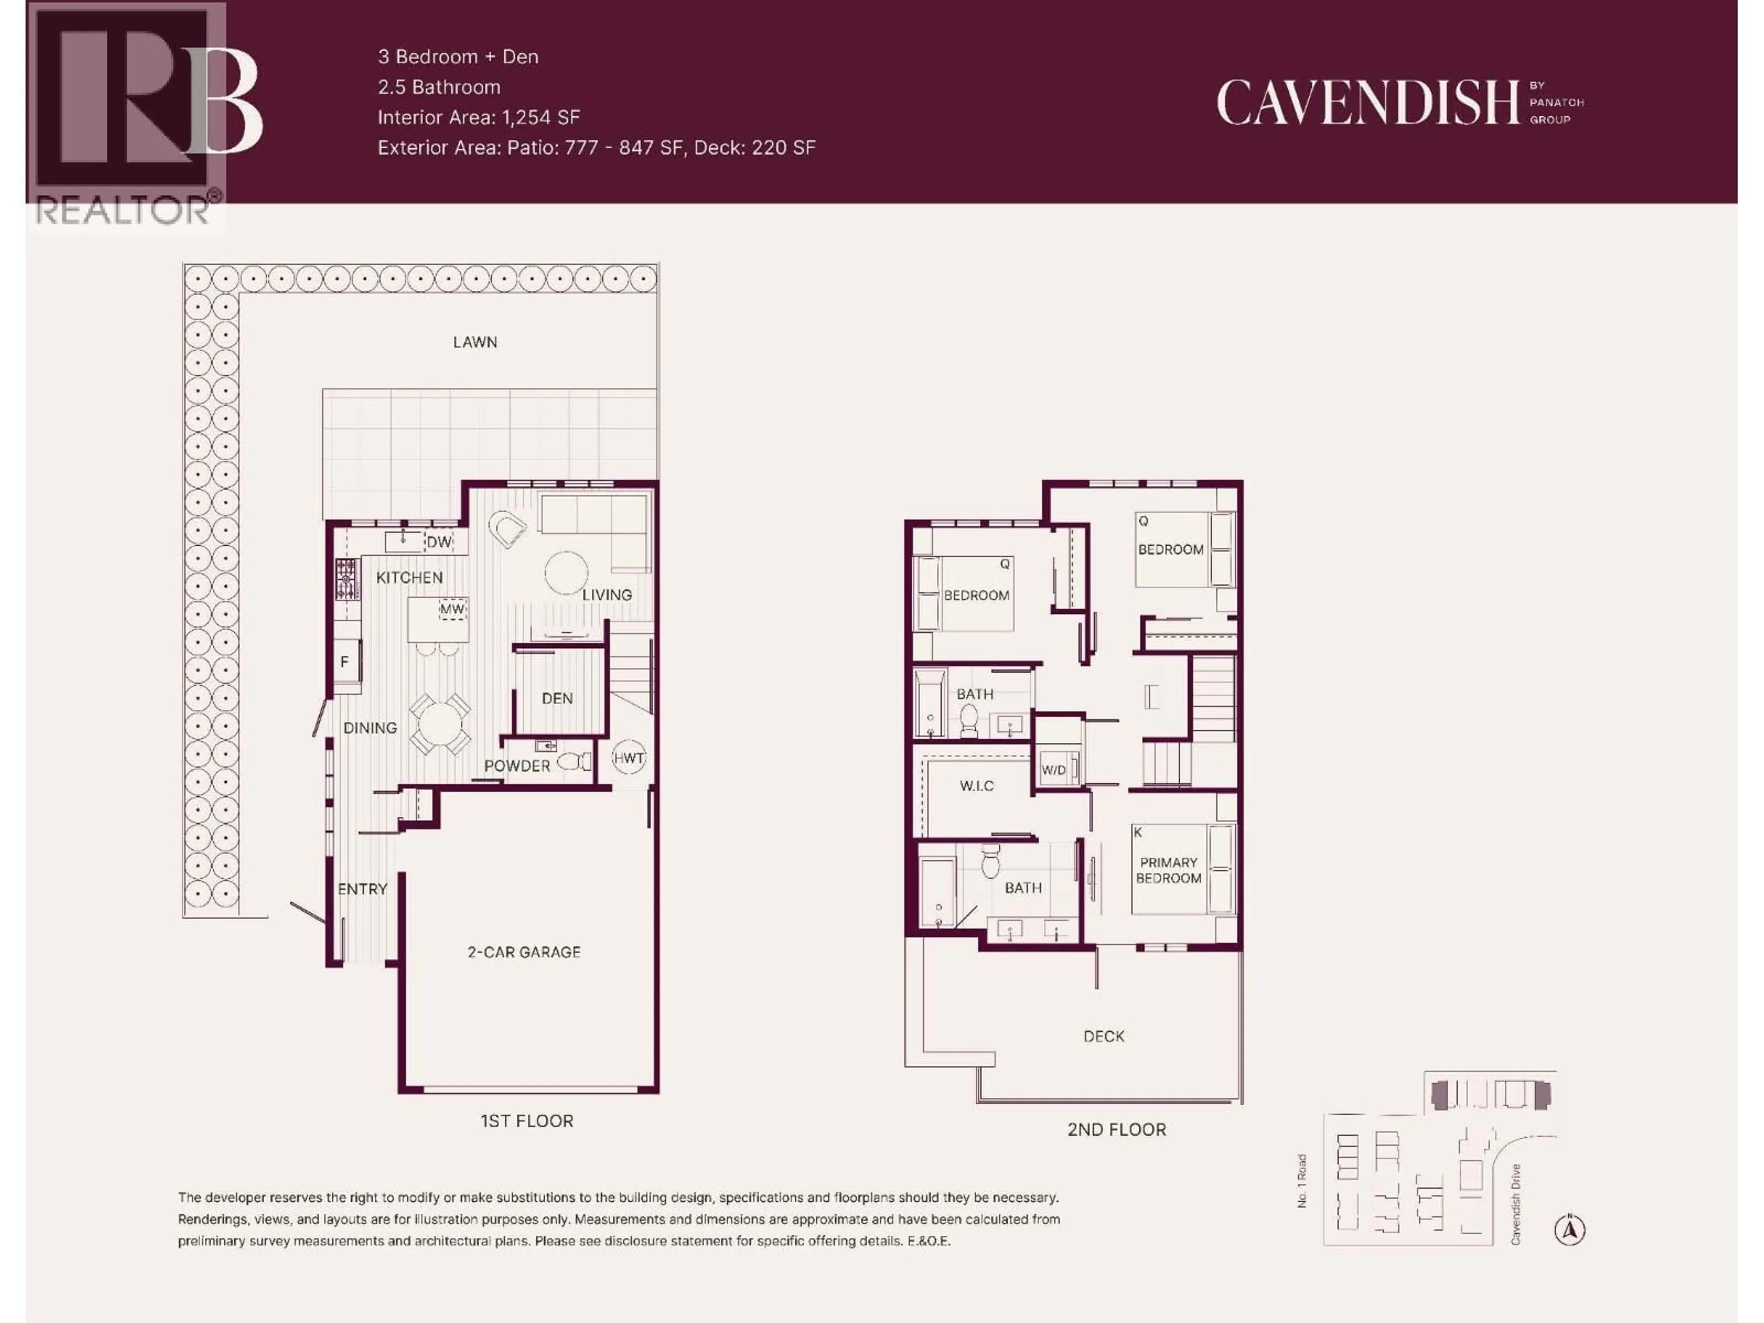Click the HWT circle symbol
click(628, 758)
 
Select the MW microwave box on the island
click(452, 609)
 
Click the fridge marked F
click(345, 661)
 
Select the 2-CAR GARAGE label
click(524, 951)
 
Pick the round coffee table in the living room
click(566, 572)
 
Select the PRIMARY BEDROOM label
click(1168, 870)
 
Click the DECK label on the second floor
click(1104, 1036)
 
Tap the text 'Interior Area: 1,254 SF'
click(479, 117)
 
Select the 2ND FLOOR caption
click(1116, 1129)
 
